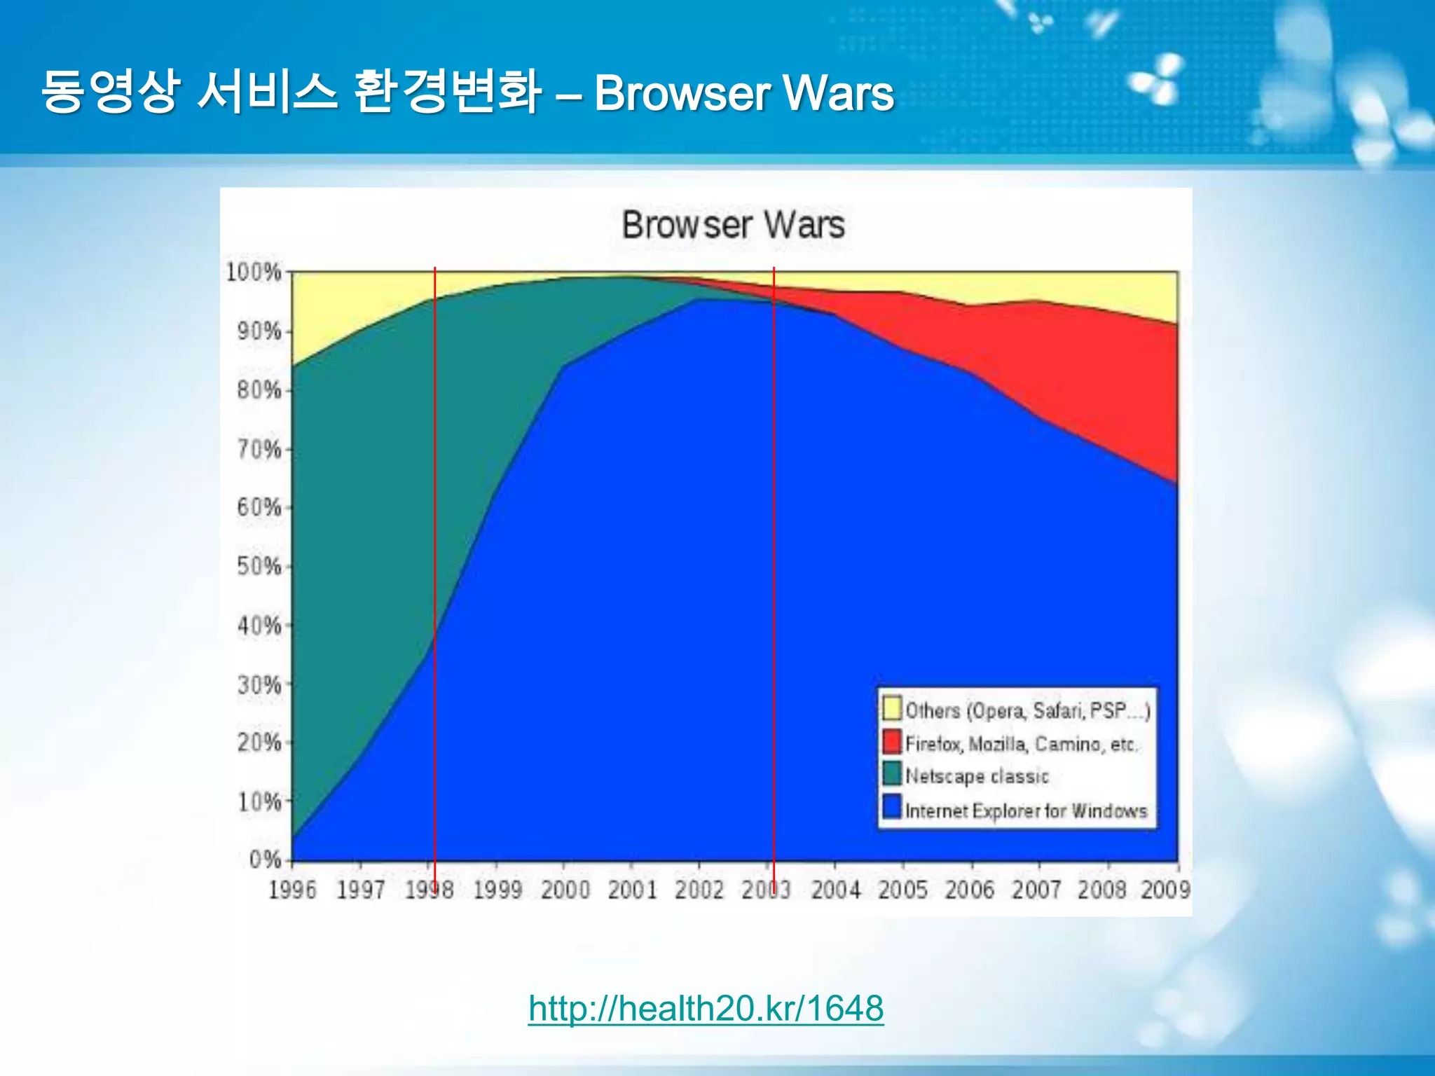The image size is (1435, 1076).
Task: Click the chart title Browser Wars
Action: [733, 225]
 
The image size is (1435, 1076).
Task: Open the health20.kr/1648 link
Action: [706, 1009]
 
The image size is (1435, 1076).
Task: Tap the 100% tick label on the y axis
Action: [254, 272]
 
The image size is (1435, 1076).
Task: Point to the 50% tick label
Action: [259, 566]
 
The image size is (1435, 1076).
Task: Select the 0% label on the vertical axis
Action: [265, 859]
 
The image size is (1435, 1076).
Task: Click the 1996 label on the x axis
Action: [292, 890]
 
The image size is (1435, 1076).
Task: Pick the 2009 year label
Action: [1165, 890]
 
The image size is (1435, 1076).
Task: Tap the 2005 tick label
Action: [902, 890]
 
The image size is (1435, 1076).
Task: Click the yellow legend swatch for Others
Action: [891, 708]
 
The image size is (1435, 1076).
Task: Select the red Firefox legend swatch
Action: [891, 742]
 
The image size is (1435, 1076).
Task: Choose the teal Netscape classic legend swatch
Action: [891, 774]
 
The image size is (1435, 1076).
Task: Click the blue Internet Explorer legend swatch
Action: [891, 807]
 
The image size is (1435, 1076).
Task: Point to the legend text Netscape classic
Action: [977, 776]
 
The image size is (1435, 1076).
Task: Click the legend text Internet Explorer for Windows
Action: [1026, 811]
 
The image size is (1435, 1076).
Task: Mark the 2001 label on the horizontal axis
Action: [632, 890]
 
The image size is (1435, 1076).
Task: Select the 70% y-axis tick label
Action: [259, 448]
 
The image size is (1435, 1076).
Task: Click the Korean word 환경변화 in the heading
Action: [447, 92]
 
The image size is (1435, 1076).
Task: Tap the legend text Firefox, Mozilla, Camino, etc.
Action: [1021, 744]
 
